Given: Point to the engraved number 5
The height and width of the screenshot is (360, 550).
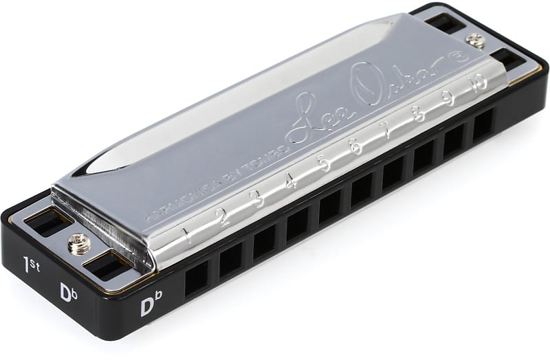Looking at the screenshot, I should [x=322, y=165].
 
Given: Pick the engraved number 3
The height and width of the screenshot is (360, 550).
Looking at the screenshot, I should [x=256, y=199].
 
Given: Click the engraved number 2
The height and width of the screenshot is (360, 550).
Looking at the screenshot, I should [x=221, y=216].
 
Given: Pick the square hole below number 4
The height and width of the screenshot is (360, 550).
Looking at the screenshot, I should [x=298, y=223].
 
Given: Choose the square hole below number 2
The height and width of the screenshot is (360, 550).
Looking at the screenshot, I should [x=231, y=258].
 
